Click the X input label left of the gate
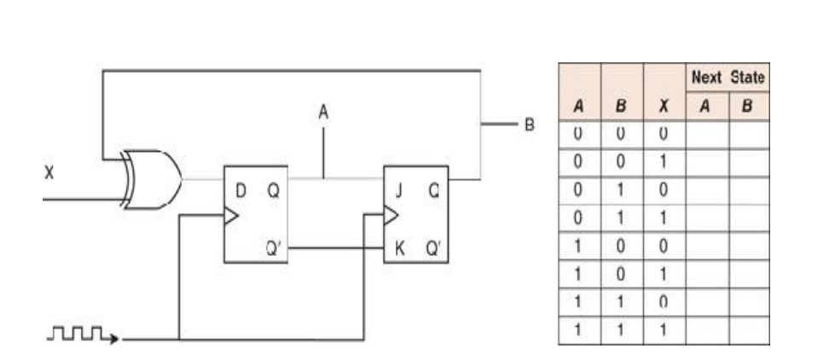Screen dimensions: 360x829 49,172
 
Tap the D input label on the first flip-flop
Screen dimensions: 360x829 241,190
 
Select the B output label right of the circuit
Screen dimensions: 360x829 528,125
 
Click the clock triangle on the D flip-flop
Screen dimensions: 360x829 230,217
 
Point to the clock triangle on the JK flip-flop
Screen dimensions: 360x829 391,217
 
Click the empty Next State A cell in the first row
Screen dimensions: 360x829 707,133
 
